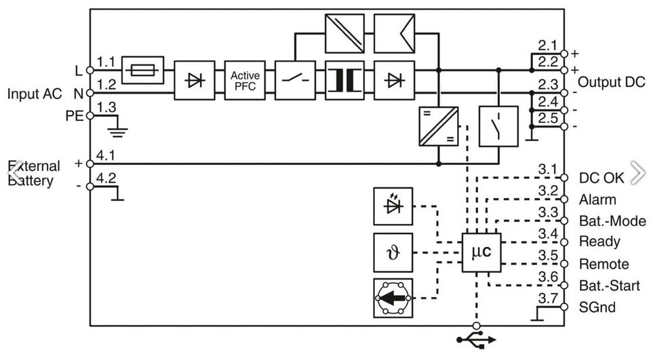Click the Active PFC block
click(x=244, y=80)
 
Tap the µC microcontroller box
click(x=481, y=252)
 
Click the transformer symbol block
click(x=345, y=80)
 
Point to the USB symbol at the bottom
click(x=477, y=339)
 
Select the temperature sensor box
click(x=393, y=252)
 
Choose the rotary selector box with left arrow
click(x=393, y=297)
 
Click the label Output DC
click(x=611, y=83)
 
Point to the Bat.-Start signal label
click(x=609, y=286)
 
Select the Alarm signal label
click(x=597, y=199)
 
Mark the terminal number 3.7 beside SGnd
click(x=547, y=298)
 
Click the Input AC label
click(x=35, y=94)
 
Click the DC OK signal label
click(x=601, y=178)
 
